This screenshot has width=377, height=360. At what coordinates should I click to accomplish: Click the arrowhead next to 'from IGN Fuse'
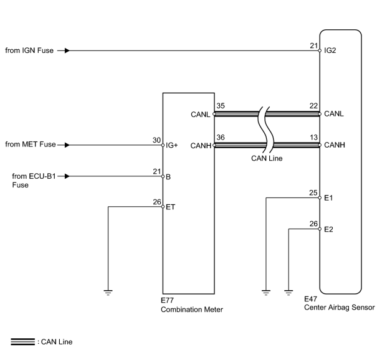point(67,50)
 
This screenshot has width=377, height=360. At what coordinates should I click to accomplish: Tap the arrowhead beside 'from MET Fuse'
point(67,145)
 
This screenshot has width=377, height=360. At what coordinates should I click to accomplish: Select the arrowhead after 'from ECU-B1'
point(67,176)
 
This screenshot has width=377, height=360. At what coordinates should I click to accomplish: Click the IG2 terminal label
point(330,50)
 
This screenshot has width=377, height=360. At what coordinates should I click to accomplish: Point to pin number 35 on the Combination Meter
point(221,106)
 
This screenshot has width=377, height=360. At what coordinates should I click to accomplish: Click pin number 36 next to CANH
point(221,137)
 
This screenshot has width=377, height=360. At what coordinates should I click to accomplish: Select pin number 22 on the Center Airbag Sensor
point(313,106)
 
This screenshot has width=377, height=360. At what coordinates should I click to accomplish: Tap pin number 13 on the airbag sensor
point(313,137)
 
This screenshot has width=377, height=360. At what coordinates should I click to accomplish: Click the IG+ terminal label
point(171,145)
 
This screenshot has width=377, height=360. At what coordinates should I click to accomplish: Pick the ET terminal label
point(171,207)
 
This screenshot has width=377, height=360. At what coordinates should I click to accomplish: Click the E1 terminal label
point(328,198)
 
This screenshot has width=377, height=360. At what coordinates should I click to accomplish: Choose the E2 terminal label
point(328,229)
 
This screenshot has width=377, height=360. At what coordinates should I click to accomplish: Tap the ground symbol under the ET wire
point(108,293)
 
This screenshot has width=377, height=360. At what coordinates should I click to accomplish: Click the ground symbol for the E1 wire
point(266,293)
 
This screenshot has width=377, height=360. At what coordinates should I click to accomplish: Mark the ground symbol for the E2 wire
point(289,293)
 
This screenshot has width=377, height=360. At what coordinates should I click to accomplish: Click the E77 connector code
point(167,300)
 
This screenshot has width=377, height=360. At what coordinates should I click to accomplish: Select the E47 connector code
point(310,299)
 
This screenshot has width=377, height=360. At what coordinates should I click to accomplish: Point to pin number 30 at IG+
point(156,140)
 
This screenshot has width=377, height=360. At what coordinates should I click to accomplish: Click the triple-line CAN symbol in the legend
point(23,342)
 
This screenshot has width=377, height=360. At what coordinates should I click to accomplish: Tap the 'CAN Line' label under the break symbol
point(267,158)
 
